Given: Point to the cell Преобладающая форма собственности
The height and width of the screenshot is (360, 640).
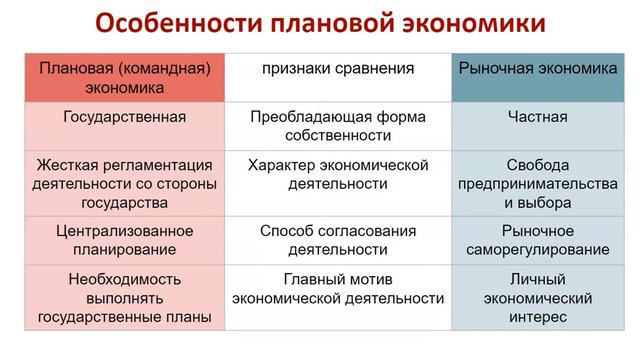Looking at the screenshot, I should (338, 125).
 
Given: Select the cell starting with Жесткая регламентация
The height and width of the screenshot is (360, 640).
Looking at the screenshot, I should (124, 182).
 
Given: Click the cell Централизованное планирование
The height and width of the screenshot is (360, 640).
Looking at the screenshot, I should (124, 239).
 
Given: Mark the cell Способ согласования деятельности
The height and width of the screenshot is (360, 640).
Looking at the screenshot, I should (338, 239).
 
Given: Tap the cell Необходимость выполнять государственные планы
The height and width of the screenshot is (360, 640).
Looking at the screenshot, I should (124, 297).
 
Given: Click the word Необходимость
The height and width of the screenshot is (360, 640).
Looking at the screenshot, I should (124, 278).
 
